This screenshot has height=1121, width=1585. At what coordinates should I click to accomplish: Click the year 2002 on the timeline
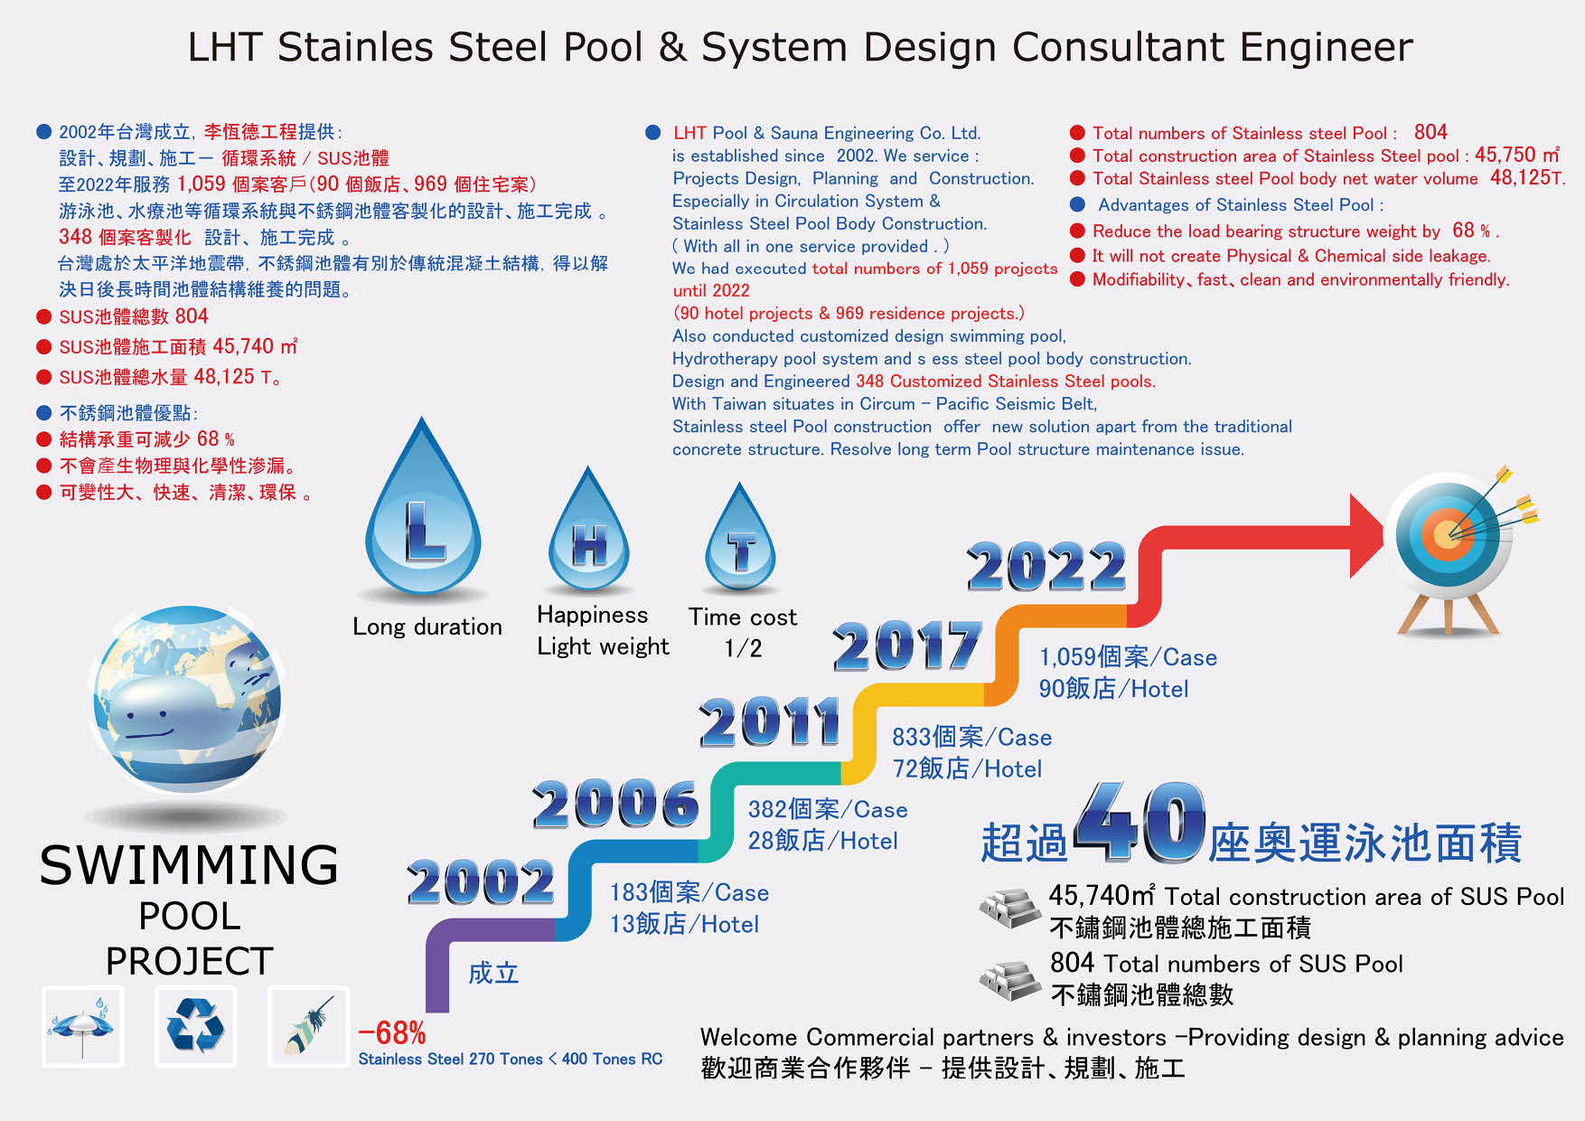pos(481,881)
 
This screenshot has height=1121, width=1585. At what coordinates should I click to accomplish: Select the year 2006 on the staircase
pos(615,804)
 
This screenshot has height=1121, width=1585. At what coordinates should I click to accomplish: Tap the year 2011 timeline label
pos(770,721)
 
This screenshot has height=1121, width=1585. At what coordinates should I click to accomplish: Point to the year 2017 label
pos(907,645)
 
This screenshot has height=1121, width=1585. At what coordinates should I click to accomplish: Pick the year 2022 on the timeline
pos(1046,566)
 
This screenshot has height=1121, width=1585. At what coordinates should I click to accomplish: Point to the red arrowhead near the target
pos(1366,535)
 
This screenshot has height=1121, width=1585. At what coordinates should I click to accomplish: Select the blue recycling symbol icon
pos(195,1026)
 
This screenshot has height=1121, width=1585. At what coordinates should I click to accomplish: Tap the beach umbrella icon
pos(82,1026)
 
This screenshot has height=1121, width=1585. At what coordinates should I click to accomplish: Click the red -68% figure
pos(392,1032)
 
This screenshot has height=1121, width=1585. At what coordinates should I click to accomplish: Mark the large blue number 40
pos(1140,822)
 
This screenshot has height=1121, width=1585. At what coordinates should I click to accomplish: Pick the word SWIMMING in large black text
pos(190,865)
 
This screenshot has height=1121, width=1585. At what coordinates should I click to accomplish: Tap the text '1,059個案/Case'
pos(1128,657)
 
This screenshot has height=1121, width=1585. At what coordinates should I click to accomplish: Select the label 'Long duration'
pos(427,626)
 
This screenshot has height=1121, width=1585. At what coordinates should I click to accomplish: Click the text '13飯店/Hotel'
pos(684,924)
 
